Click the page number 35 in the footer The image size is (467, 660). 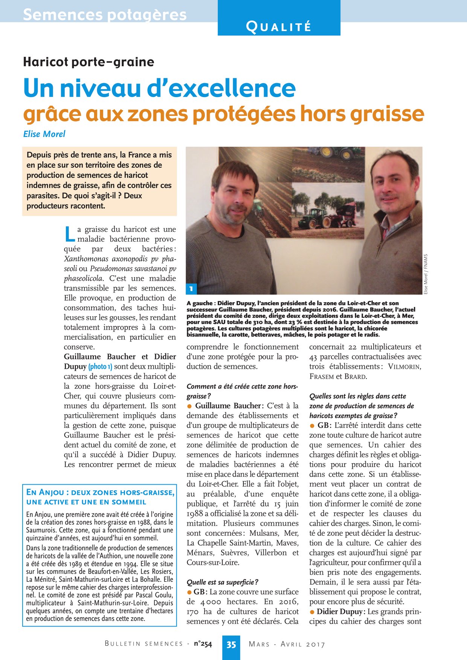coord(231,644)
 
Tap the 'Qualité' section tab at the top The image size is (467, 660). coord(279,27)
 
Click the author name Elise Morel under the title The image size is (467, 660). coord(44,134)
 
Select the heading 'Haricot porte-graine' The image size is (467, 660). coord(89,62)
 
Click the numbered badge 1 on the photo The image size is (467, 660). coord(191,289)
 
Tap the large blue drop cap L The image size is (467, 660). coord(70,234)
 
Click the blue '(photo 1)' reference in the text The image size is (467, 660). coord(100,367)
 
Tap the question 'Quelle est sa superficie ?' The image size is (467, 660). coord(222,582)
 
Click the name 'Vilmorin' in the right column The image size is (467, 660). coord(404,367)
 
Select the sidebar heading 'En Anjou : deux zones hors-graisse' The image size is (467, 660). coord(100,493)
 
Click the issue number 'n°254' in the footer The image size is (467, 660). coord(203,644)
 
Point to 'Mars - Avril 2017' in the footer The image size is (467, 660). coord(287,644)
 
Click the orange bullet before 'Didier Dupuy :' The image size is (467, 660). coord(312,612)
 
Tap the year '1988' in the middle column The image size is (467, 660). coord(195,514)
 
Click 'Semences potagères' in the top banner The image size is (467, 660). coord(105,15)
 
